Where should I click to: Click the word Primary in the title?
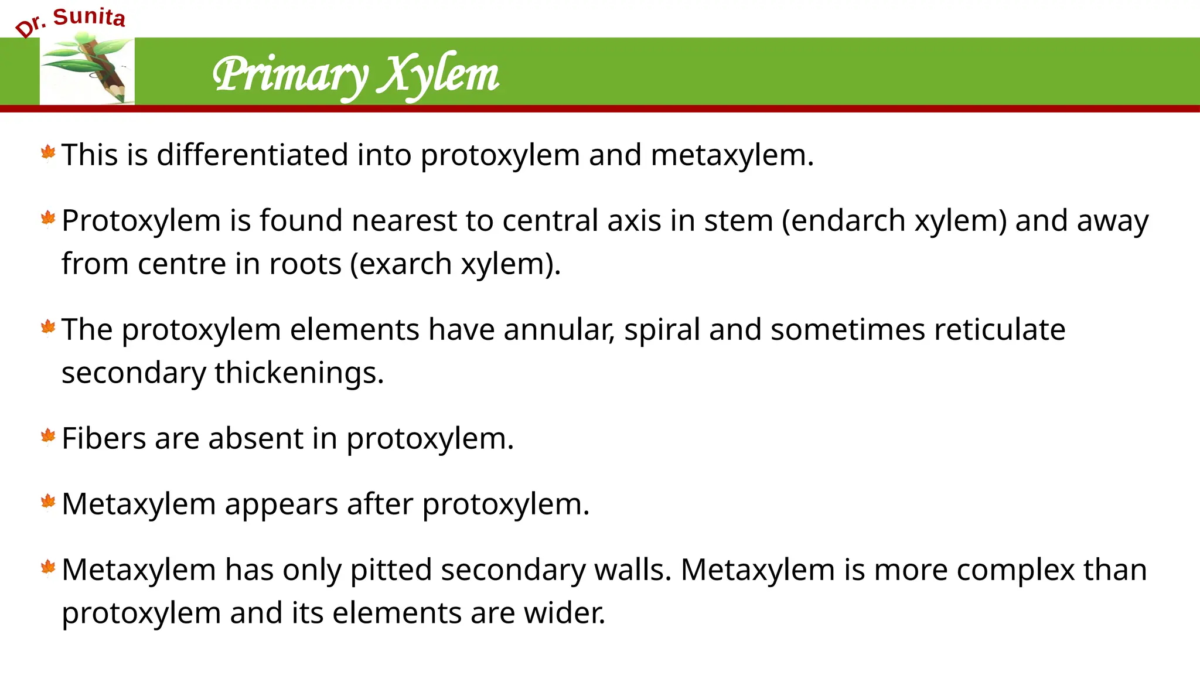(290, 75)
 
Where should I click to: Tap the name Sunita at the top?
(89, 17)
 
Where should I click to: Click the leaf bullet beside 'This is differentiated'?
(48, 153)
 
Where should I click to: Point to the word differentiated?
(253, 155)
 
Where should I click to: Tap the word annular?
(558, 330)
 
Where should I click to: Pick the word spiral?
(662, 330)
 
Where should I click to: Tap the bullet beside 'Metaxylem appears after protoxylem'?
(48, 502)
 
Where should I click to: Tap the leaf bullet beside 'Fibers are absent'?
(48, 436)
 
